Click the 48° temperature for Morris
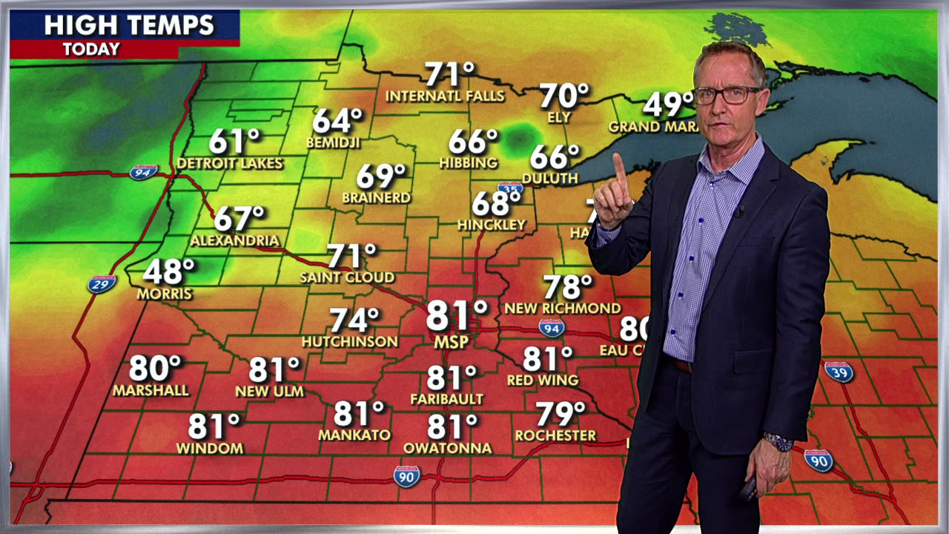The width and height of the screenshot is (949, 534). pos(168,272)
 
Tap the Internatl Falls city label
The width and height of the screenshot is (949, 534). pos(445,96)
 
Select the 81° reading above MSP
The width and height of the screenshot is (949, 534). pos(457,315)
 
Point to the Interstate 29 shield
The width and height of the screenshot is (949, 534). pos(102,284)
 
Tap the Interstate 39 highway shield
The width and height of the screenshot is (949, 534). pos(839,372)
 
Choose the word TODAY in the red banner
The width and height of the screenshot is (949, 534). pos(91,50)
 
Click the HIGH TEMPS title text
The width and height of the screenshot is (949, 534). pos(129,26)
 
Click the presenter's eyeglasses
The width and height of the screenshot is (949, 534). pos(727,95)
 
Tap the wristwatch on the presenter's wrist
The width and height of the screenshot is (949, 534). pos(778,442)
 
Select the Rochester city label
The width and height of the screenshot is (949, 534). pos(555,435)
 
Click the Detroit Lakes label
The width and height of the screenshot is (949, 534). pos(230,163)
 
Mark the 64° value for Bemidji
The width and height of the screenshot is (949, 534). pos(337,121)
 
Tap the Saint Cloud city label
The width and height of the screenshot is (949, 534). pos(347,277)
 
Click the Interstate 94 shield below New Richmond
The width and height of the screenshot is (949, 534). pos(551,328)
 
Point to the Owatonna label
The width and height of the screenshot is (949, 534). pos(447,448)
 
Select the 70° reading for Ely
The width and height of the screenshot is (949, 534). pos(563,96)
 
